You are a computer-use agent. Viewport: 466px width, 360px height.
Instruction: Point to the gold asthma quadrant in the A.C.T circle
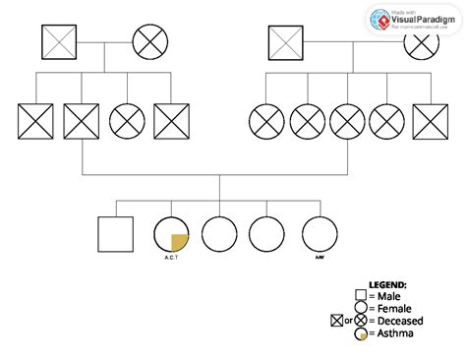pyautogui.click(x=180, y=241)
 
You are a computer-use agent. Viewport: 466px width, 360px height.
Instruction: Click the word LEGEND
pyautogui.click(x=386, y=284)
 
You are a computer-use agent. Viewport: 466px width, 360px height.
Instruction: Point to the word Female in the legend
pyautogui.click(x=393, y=308)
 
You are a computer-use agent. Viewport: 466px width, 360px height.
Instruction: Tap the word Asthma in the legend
pyautogui.click(x=393, y=333)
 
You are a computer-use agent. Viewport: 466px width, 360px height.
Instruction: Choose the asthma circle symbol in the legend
pyautogui.click(x=361, y=333)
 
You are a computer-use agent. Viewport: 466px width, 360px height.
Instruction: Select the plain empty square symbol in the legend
pyautogui.click(x=361, y=295)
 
